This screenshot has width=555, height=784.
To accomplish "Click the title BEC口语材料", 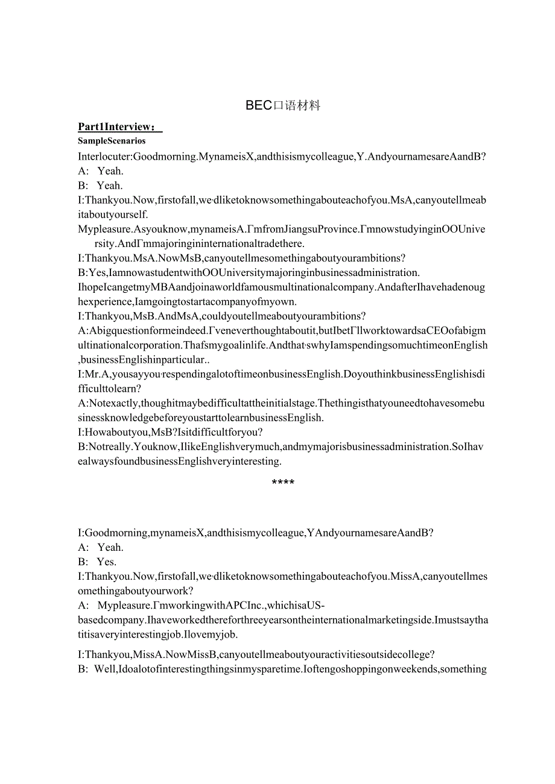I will pyautogui.click(x=283, y=105).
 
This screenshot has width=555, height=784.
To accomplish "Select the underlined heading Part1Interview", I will pyautogui.click(x=119, y=127).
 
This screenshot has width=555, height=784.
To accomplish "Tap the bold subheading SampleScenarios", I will pyautogui.click(x=112, y=141).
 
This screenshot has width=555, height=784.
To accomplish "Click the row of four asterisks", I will pyautogui.click(x=283, y=483).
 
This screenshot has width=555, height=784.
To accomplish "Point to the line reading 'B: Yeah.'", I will pyautogui.click(x=101, y=186).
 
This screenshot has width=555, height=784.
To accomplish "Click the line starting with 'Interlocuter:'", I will pyautogui.click(x=282, y=157).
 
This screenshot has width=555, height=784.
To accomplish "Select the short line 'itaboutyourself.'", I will pyautogui.click(x=113, y=215).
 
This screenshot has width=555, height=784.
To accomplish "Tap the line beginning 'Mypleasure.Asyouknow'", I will pyautogui.click(x=281, y=229).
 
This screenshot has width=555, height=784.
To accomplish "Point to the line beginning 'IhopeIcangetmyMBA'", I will pyautogui.click(x=281, y=287).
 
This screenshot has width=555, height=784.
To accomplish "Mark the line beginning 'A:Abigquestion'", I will pyautogui.click(x=282, y=330).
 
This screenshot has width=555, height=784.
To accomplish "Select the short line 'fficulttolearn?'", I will pyautogui.click(x=109, y=389).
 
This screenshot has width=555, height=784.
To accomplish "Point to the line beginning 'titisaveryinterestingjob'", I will pyautogui.click(x=158, y=634).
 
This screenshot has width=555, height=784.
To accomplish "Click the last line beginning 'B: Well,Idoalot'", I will pyautogui.click(x=282, y=669).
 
